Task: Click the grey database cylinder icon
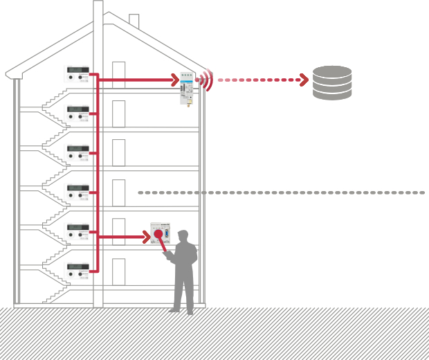pos(332,82)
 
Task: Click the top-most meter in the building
pos(77,73)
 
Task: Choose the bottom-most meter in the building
pos(77,269)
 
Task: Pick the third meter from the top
pos(77,152)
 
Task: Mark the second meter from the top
pos(77,112)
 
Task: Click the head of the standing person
pos(183,235)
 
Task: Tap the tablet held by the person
pos(168,255)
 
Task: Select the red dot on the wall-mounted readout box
pos(158,234)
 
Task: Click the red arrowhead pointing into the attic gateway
pos(176,80)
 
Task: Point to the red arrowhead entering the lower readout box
pos(146,237)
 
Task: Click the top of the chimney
pos(98,3)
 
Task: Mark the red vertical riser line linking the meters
pos(98,173)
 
